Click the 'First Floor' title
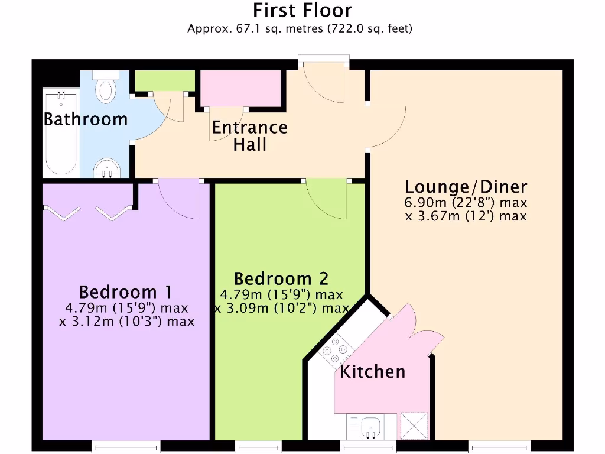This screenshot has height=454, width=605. pos(302,11)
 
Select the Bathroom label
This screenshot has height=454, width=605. pos(86,119)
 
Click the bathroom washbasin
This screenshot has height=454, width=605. pos(108,167)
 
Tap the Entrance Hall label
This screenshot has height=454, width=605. pos(249,135)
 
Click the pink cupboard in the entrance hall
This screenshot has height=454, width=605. pos(240,87)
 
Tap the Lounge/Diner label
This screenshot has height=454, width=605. pos(466,187)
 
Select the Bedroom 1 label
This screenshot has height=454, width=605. pos(125,292)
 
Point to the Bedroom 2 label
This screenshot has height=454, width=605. pos(281,278)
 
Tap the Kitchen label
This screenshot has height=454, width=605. pos(372,372)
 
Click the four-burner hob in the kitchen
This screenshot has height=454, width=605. pos(337,351)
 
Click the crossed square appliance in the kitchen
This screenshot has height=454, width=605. pos(414,426)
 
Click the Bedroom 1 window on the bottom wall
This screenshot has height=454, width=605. pos(125,446)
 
